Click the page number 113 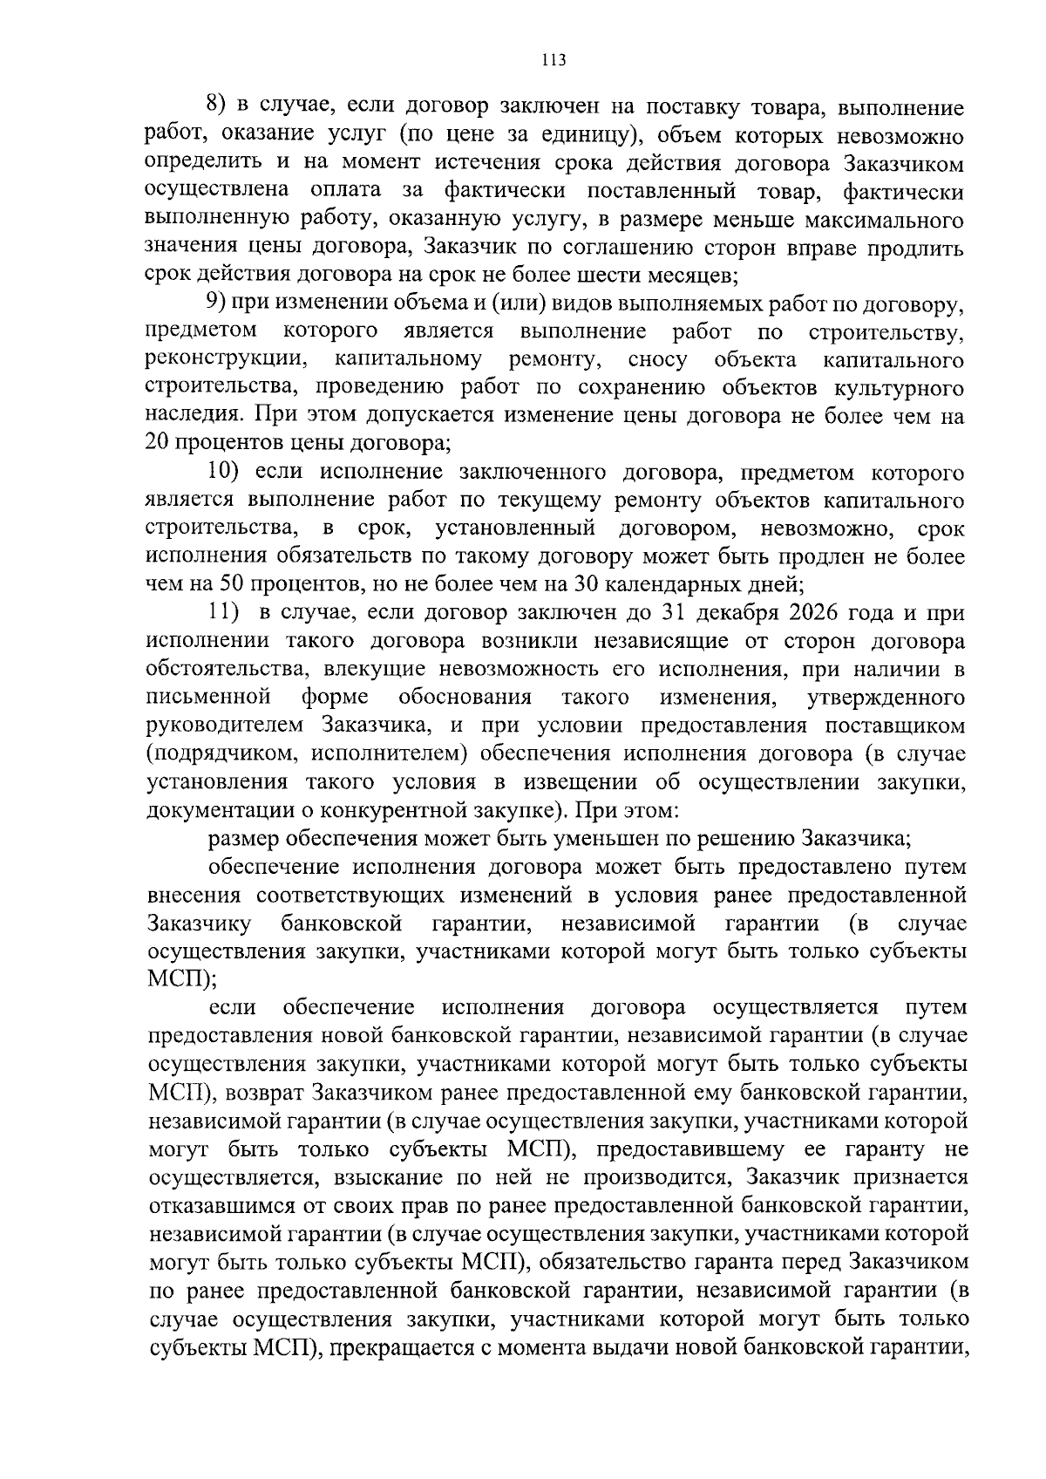[554, 60]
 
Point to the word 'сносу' [657, 359]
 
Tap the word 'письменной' [207, 698]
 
